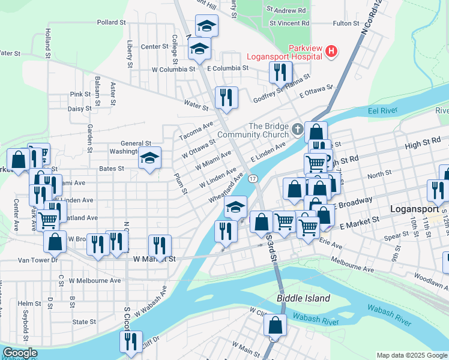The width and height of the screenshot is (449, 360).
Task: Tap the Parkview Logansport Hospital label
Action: pos(306,52)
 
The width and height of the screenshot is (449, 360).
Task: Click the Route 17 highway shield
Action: pos(253,179)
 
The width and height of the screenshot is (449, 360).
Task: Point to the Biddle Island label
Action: pos(303,298)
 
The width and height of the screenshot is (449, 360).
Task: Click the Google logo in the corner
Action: pos(19,353)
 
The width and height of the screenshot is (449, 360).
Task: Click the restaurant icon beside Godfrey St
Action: pos(281,72)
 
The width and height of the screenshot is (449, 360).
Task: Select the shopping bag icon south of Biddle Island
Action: pos(276,325)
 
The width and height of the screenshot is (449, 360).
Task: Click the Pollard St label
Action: pos(110,22)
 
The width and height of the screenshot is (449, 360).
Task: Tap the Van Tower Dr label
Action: pos(37,260)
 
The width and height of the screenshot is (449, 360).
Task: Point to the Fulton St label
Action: pos(346,23)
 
